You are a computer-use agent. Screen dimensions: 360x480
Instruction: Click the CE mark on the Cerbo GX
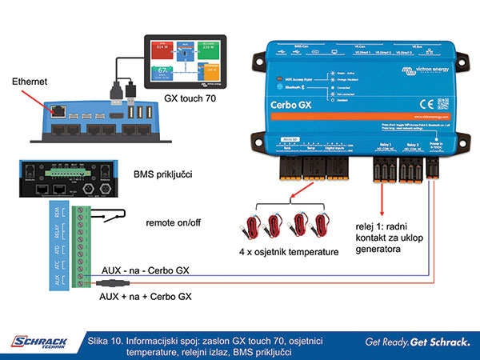428,102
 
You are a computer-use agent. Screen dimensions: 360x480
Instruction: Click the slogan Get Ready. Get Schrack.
417,343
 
